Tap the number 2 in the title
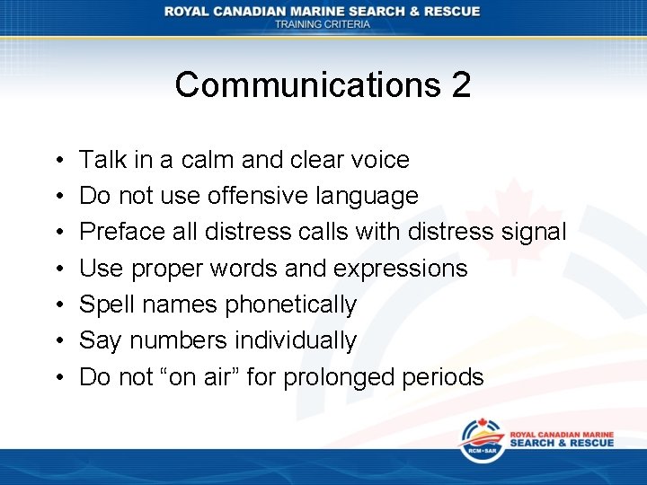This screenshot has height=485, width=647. point(461,85)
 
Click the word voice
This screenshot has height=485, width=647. point(377,160)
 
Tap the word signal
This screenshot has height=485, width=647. point(534,233)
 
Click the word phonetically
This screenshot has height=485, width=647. point(290,304)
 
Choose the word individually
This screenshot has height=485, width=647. point(296,340)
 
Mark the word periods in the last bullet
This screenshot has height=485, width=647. point(449,376)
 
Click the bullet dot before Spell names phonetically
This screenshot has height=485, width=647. point(56,305)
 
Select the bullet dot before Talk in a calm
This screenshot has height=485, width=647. point(56,161)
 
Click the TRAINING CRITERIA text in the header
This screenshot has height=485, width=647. point(323,24)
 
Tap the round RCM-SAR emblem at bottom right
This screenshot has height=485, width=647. point(482,440)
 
